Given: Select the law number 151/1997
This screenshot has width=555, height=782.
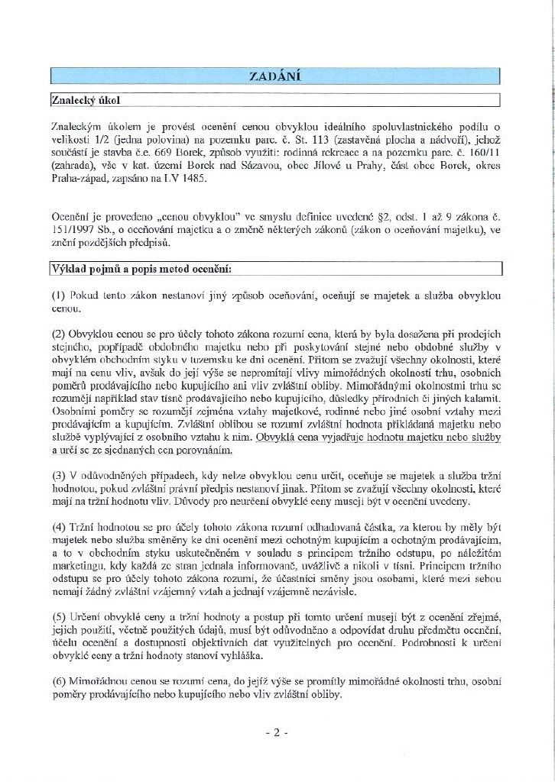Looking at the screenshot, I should pos(74,231).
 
